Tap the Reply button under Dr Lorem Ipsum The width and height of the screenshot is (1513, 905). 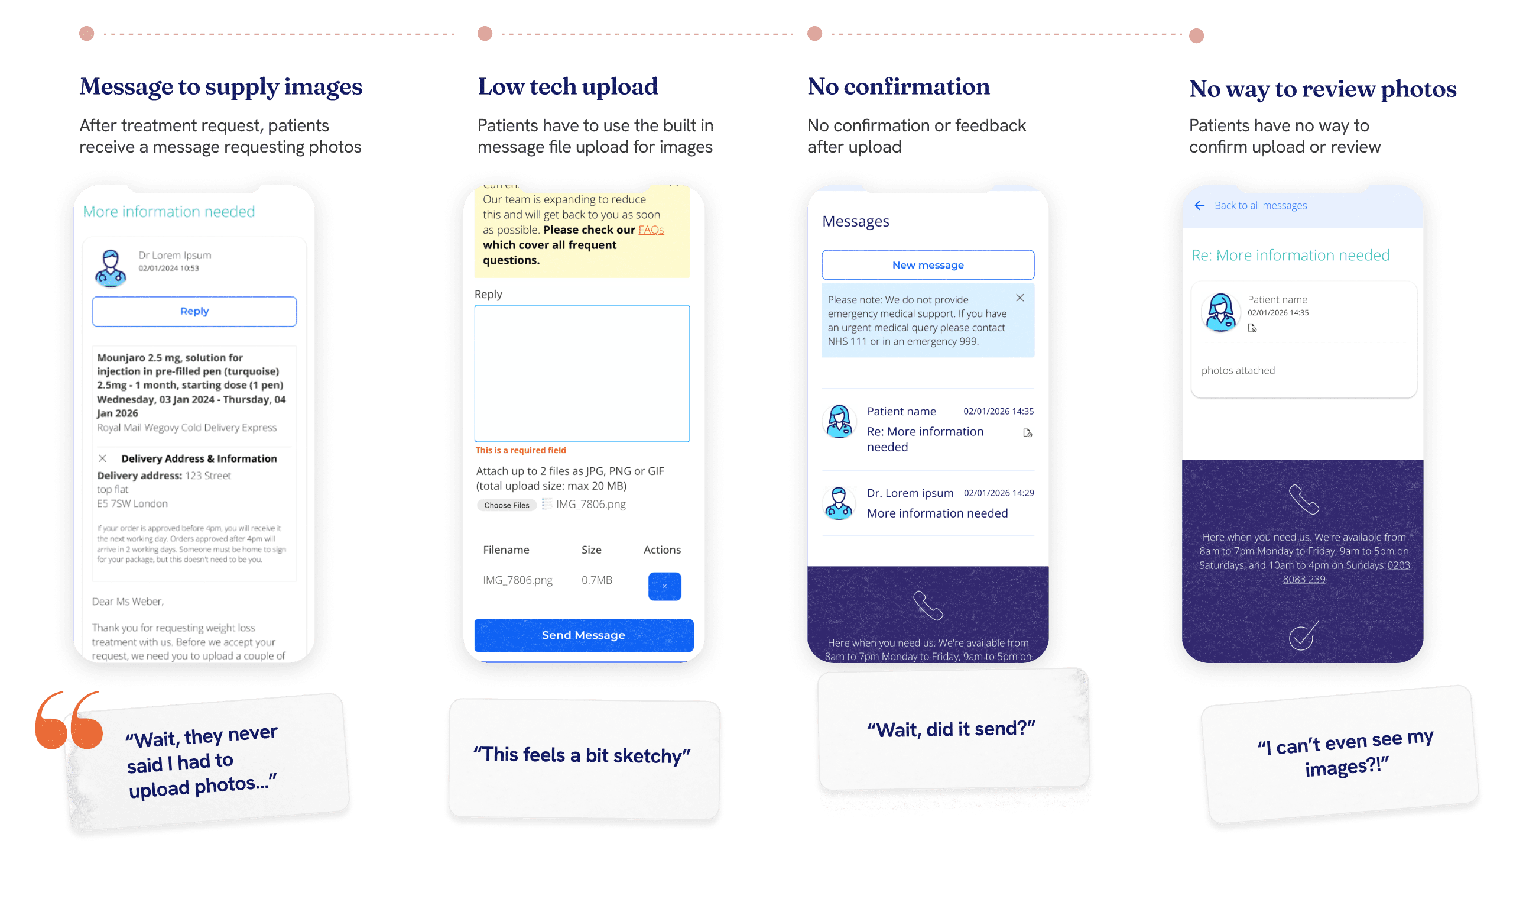(194, 311)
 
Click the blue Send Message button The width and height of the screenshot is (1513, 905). (583, 635)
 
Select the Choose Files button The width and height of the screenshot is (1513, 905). (506, 505)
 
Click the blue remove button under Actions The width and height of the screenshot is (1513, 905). (664, 586)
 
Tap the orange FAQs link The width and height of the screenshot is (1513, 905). (651, 230)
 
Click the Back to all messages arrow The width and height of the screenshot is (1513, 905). (1199, 205)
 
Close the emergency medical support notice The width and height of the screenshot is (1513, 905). (1020, 298)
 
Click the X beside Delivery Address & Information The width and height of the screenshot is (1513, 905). (102, 458)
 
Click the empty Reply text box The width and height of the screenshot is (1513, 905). (582, 373)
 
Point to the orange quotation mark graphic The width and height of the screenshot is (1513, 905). (68, 721)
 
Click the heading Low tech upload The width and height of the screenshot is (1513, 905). (567, 86)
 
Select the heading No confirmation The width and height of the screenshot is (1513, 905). (898, 86)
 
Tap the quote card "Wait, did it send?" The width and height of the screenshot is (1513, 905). (952, 729)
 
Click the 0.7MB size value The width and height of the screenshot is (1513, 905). (596, 580)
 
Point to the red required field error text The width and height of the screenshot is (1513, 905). (520, 450)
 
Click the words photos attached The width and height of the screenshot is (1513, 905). (1238, 370)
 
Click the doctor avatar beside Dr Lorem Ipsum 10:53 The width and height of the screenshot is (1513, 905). (111, 268)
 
